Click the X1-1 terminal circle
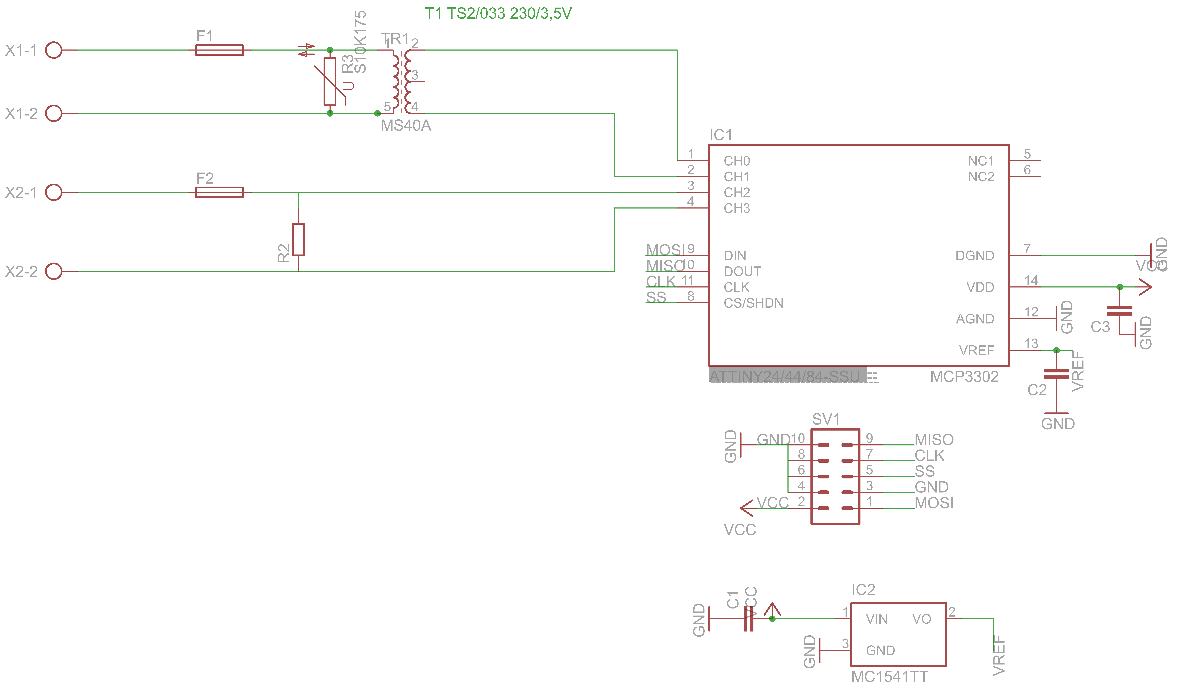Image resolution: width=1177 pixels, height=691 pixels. (54, 50)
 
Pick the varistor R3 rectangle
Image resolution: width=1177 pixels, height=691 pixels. (330, 82)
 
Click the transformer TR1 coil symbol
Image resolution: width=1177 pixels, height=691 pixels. (402, 82)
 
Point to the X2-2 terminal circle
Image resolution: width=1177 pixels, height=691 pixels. (54, 271)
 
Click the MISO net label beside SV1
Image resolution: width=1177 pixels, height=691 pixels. (934, 440)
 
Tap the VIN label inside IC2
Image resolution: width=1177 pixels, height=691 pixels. (876, 619)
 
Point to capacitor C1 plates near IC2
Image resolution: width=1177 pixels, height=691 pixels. (748, 619)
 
